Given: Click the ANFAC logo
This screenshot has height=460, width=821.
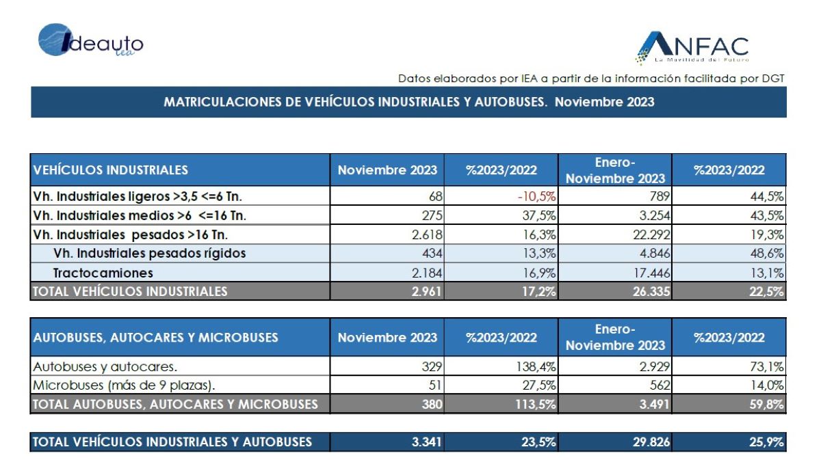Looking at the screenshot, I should (x=692, y=48).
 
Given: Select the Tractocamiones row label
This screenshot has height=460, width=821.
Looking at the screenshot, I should (x=103, y=273).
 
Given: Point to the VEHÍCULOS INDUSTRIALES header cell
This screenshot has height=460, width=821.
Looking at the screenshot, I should (x=110, y=170).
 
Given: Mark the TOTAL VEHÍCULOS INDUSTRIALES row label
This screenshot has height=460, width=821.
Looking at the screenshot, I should (x=130, y=292).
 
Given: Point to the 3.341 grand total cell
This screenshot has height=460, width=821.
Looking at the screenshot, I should (x=427, y=442).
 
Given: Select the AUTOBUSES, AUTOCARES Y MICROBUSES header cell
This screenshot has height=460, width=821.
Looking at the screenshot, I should (x=156, y=338).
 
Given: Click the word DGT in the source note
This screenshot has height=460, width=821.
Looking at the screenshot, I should (x=773, y=79).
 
